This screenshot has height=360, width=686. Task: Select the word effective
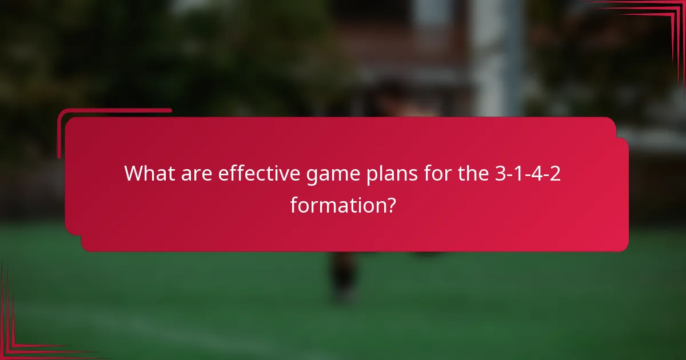tap(263, 173)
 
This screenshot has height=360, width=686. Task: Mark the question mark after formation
tap(389, 204)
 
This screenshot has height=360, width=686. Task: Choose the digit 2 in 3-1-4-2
tap(555, 173)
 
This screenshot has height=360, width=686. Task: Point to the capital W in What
tap(134, 173)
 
